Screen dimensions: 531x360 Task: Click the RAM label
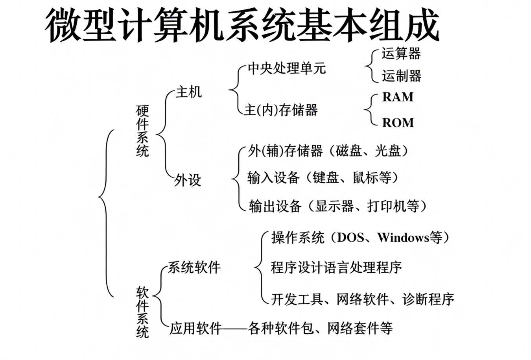coord(398,97)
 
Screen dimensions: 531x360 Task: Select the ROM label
coord(398,123)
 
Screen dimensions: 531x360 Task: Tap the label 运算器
coord(401,54)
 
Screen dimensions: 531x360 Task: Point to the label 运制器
coord(402,76)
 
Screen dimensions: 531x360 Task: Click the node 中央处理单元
coord(287,68)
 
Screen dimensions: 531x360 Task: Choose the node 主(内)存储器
coord(281,110)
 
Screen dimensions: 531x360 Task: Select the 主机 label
coord(189,92)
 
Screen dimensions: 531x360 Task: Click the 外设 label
coord(188,180)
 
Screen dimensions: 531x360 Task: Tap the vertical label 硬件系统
coord(142,131)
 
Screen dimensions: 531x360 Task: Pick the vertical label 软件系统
coord(142,312)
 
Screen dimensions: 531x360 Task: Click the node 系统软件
coord(194,267)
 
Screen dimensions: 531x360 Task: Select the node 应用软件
coord(195,328)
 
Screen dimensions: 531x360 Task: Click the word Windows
coord(403,237)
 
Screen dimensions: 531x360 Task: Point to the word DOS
coord(350,237)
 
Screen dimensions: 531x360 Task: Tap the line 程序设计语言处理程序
coord(336,267)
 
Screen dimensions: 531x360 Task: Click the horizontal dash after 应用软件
coord(235,329)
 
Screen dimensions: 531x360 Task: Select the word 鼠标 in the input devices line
coord(365,177)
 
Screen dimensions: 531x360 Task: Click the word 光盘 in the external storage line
coord(388,151)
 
